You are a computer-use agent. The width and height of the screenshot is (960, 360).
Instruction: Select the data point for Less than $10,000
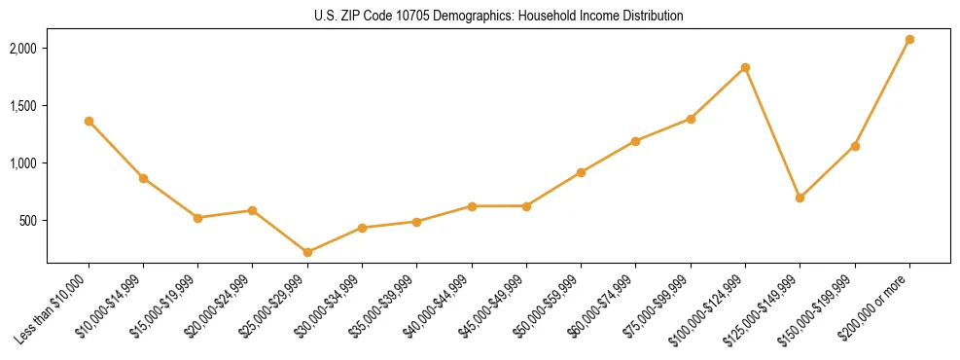[x=89, y=121]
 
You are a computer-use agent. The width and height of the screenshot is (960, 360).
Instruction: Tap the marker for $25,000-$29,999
[x=307, y=252]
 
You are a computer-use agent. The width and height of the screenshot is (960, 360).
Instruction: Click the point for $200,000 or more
[x=909, y=39]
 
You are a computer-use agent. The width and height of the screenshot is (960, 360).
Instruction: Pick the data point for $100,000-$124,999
[x=745, y=67]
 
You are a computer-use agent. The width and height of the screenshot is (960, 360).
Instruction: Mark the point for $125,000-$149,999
[x=800, y=198]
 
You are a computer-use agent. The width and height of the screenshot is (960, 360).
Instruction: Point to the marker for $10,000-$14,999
[x=143, y=178]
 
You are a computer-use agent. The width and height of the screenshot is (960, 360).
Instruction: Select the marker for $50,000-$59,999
[x=581, y=172]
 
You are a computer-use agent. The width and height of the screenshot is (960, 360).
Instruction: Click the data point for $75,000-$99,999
[x=691, y=119]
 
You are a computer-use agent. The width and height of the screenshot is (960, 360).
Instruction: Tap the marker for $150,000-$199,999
[x=855, y=146]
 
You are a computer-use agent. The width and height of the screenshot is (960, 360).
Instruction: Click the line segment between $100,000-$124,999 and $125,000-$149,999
[x=772, y=132]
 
